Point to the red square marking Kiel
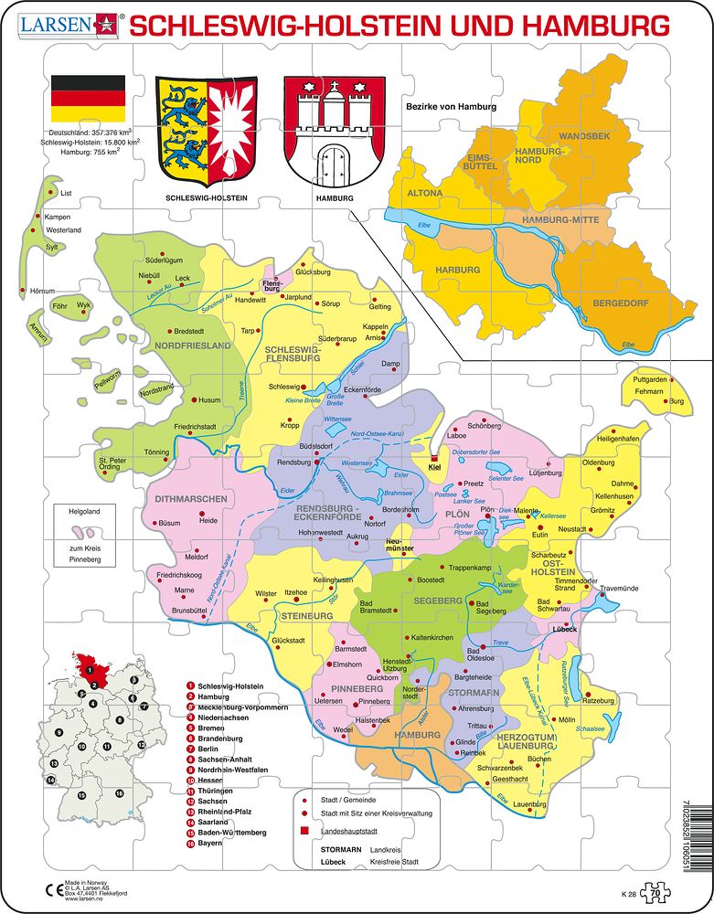pos(434,461)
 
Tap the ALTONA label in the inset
pos(424,194)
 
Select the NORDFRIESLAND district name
pos(193,346)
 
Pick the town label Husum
pos(210,399)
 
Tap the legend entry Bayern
pos(212,844)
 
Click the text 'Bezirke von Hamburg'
pos(451,107)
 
